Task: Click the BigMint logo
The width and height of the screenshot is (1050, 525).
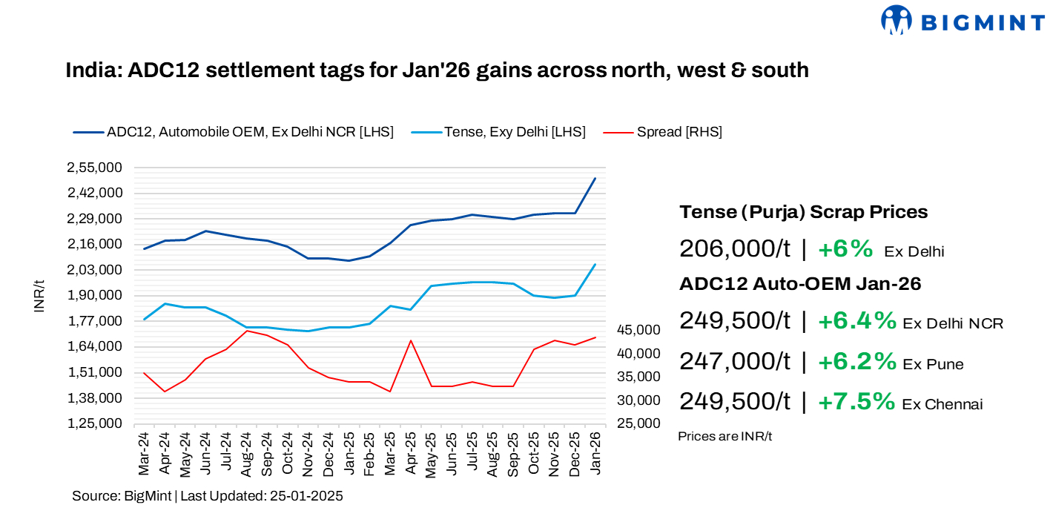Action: tap(962, 20)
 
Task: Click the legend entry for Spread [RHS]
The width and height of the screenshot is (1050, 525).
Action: tap(678, 132)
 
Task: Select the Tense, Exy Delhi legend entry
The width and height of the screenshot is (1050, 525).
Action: tap(515, 132)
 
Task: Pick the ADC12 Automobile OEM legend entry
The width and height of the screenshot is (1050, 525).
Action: tap(249, 132)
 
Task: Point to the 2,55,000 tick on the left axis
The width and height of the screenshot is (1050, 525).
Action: tap(95, 168)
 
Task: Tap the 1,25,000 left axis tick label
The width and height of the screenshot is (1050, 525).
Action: tap(95, 423)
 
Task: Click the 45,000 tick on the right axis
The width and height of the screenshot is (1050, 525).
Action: tap(638, 329)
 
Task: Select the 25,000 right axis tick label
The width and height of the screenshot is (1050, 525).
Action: tap(638, 423)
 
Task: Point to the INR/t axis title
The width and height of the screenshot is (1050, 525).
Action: tap(39, 296)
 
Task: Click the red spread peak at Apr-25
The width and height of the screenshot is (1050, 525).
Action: tap(411, 340)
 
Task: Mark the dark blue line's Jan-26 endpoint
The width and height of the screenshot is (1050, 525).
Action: tap(595, 179)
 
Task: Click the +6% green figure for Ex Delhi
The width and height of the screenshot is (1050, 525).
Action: tap(845, 249)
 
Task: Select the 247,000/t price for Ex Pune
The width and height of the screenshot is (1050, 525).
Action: tap(735, 361)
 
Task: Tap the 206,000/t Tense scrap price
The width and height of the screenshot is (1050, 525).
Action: tap(735, 249)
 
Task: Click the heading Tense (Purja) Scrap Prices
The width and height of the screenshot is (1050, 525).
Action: tap(803, 212)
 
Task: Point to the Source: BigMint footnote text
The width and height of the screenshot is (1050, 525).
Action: tap(207, 496)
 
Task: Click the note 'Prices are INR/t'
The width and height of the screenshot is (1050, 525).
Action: tap(724, 436)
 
